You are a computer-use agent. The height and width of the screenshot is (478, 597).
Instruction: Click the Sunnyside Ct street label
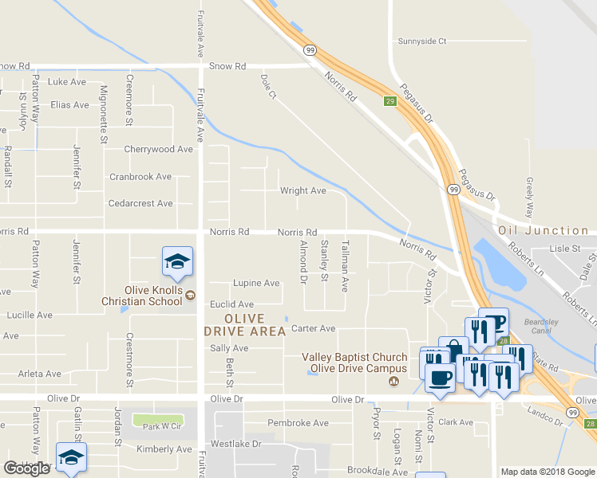click(x=421, y=41)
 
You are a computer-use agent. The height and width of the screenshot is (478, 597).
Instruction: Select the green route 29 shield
click(x=390, y=101)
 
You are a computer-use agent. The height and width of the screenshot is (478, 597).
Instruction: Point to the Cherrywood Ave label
click(x=158, y=149)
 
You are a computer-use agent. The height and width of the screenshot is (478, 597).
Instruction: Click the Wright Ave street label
click(x=302, y=191)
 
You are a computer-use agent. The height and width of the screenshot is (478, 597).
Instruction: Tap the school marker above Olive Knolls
click(x=177, y=262)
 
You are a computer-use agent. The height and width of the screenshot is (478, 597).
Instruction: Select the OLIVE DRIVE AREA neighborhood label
click(x=244, y=325)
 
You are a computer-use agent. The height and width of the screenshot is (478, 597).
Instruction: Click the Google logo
click(x=26, y=468)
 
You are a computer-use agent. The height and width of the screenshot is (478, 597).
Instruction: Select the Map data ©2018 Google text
click(x=547, y=472)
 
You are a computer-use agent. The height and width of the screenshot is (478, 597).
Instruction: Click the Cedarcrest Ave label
click(x=140, y=203)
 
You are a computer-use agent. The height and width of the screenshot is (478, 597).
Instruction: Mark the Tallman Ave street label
click(x=346, y=266)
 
